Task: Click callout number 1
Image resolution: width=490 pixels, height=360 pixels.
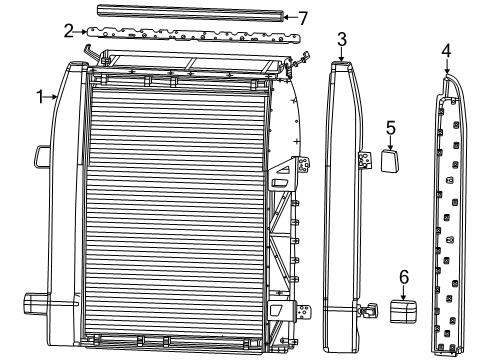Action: point(41,97)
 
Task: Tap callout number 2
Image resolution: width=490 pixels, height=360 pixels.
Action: point(68,31)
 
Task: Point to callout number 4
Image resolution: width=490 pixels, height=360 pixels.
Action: point(446,50)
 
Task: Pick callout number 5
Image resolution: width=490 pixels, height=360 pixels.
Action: point(391,127)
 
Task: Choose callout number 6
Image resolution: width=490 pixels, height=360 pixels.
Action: point(404,272)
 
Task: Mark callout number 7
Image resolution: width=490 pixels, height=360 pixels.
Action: point(303,17)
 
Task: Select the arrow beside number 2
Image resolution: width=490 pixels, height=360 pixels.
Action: point(82,32)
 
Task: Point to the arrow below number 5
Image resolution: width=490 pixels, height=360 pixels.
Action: point(391,142)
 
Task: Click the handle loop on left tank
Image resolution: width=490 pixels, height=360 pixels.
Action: point(42,157)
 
